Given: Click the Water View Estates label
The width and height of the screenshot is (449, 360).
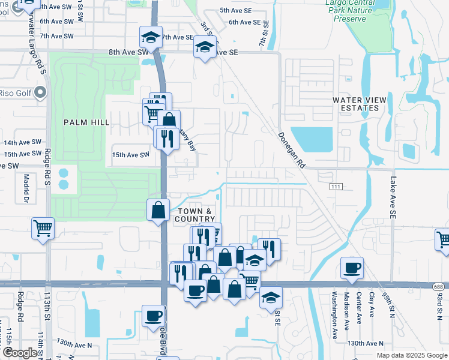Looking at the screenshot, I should (356, 104).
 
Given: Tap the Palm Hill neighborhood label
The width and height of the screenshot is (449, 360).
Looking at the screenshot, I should (87, 122).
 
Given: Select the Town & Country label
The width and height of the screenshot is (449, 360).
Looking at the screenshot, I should (194, 215).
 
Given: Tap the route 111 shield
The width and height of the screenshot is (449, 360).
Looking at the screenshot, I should (336, 187).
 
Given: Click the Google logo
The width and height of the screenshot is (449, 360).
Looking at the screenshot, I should (19, 353).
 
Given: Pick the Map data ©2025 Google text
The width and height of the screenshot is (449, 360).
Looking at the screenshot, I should (411, 355).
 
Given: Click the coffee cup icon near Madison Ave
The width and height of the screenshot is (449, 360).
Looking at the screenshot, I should (352, 267).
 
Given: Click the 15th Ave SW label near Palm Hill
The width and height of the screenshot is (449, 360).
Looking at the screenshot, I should (130, 155).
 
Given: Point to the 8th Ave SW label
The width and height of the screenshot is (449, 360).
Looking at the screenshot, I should (128, 52).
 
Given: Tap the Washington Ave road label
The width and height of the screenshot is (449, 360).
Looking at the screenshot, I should (335, 315).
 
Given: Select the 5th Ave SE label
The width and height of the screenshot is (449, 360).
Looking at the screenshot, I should (236, 11).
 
